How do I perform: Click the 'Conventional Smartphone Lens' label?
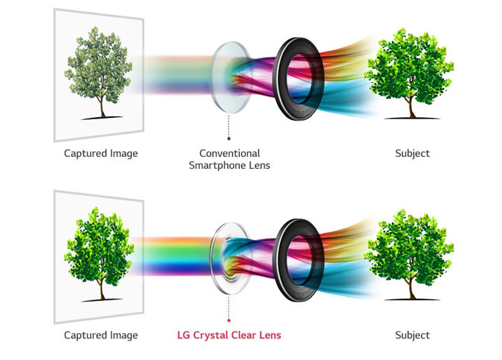pos(229,159)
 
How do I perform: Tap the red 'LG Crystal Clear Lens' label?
pos(229,335)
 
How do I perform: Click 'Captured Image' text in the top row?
pos(101,153)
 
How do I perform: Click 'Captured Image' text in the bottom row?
pos(101,335)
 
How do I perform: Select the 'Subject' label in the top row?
pos(412,153)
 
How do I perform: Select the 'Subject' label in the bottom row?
pos(412,335)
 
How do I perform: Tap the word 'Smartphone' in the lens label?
pos(219,165)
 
